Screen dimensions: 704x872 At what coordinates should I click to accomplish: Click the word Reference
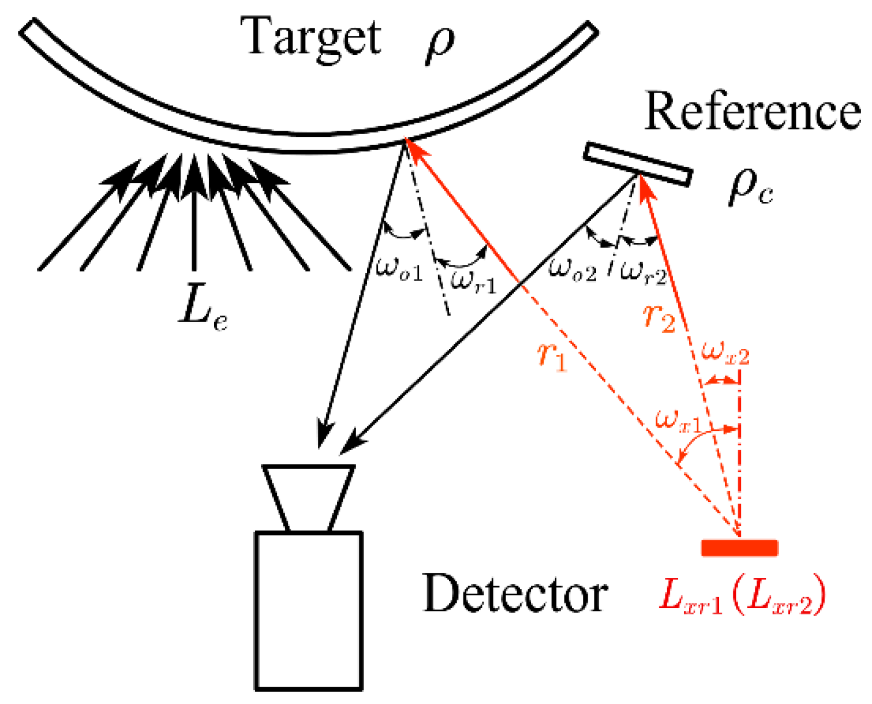pos(751,111)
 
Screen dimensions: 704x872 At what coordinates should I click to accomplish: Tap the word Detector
pos(515,594)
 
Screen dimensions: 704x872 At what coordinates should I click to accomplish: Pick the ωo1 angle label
pos(399,269)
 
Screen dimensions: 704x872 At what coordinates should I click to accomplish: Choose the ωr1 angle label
pos(473,281)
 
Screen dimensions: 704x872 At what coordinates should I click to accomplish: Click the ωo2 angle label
pos(572,269)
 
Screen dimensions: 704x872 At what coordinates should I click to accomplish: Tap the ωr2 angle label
pos(643,272)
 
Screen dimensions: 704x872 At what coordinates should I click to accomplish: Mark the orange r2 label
pos(659,317)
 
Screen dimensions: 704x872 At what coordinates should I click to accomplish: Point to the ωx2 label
pos(725,353)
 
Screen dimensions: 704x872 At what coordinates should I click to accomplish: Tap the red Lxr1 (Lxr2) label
pos(742,596)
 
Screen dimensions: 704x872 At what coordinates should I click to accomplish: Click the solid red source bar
pos(739,548)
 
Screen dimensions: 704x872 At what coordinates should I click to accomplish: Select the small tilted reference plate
pos(637,164)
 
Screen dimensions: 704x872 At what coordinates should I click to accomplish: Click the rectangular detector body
pos(309,610)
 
